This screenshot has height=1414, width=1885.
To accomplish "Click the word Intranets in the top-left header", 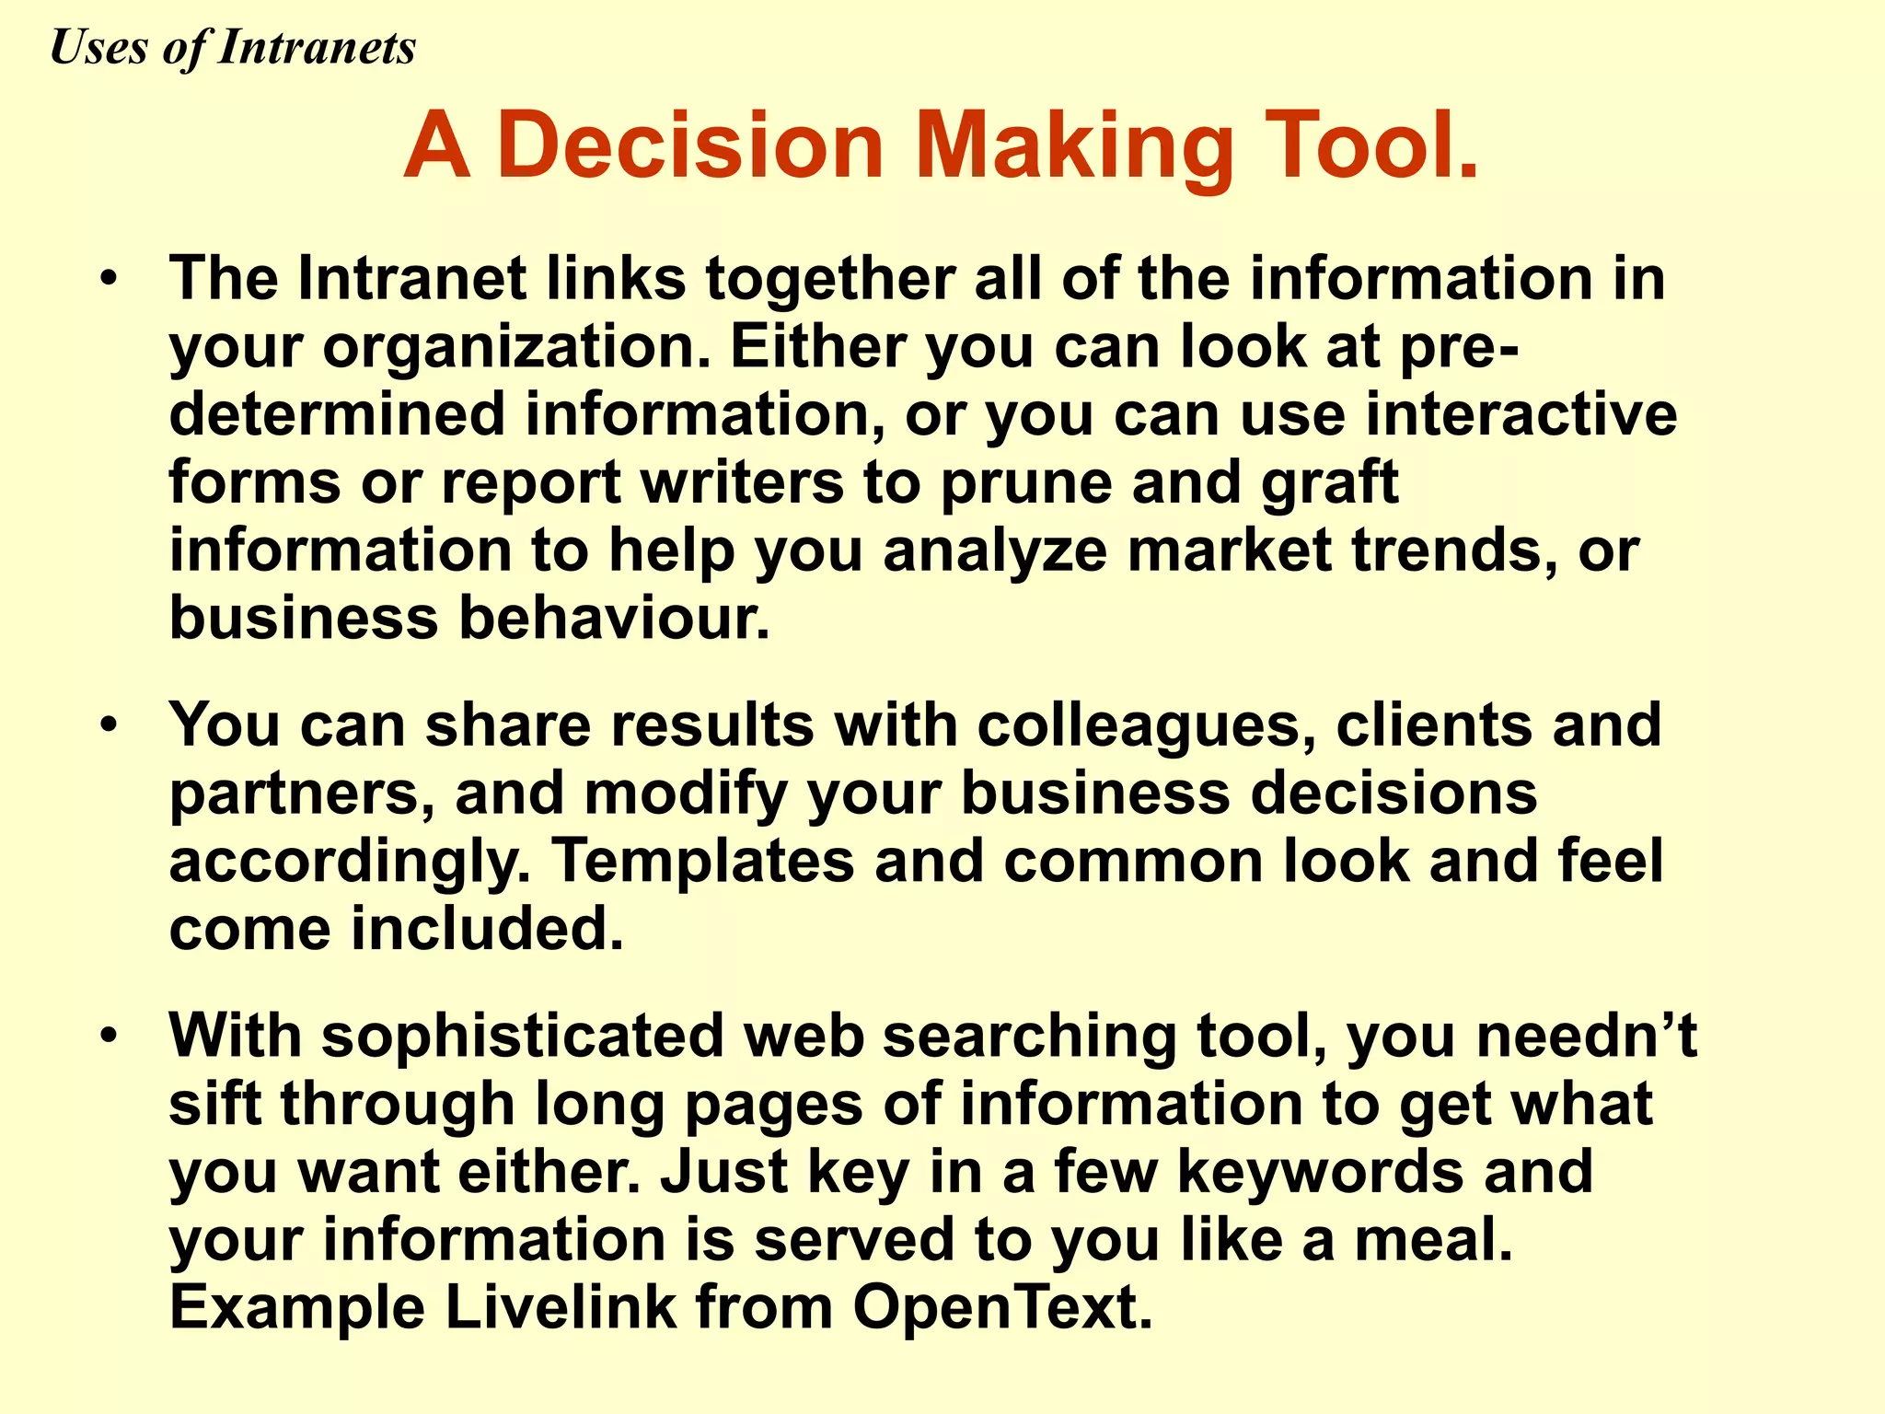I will [x=317, y=47].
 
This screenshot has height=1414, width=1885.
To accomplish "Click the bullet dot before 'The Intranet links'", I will [x=110, y=278].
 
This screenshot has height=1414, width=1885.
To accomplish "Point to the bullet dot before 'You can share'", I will [x=110, y=724].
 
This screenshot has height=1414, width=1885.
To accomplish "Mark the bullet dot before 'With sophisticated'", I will [x=110, y=1036].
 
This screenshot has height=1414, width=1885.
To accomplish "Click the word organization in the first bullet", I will [x=515, y=348].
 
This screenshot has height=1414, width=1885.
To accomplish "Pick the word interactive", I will [x=1521, y=414].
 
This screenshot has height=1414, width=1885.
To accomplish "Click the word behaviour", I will [x=613, y=618].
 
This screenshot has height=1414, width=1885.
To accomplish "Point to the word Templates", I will [x=703, y=861].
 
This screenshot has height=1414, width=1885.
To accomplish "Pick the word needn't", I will [x=1587, y=1036].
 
